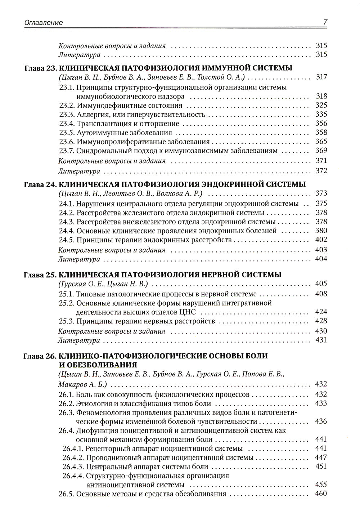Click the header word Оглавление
click(44, 22)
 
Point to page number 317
click(321, 77)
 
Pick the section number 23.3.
click(67, 115)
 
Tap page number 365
click(321, 142)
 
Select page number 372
click(321, 170)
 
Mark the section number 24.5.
click(67, 240)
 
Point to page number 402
click(321, 240)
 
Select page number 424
click(321, 312)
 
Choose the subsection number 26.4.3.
click(73, 467)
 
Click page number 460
click(321, 494)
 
